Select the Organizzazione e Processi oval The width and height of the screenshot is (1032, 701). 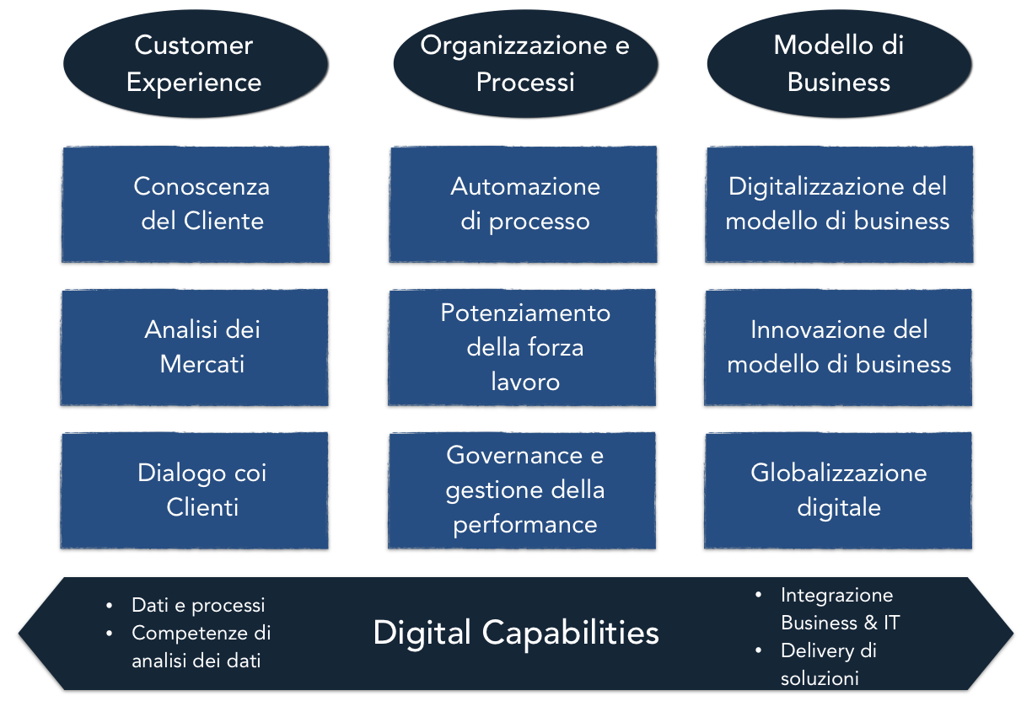(524, 63)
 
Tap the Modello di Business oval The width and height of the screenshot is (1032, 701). (838, 63)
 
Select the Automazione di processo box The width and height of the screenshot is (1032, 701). (523, 204)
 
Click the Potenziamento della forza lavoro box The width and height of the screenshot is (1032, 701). (523, 346)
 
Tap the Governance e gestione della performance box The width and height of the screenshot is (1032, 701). (523, 490)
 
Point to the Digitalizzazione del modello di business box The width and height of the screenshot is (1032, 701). (838, 204)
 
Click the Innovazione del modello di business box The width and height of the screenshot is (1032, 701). (838, 346)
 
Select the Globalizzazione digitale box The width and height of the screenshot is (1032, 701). (838, 490)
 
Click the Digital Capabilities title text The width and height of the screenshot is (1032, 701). (516, 632)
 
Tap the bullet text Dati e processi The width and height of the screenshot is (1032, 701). (198, 605)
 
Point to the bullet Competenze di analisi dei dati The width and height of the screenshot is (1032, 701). (201, 646)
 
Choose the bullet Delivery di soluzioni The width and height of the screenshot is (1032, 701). (828, 664)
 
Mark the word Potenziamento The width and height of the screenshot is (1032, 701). (525, 313)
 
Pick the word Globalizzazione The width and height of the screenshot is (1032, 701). (838, 473)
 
